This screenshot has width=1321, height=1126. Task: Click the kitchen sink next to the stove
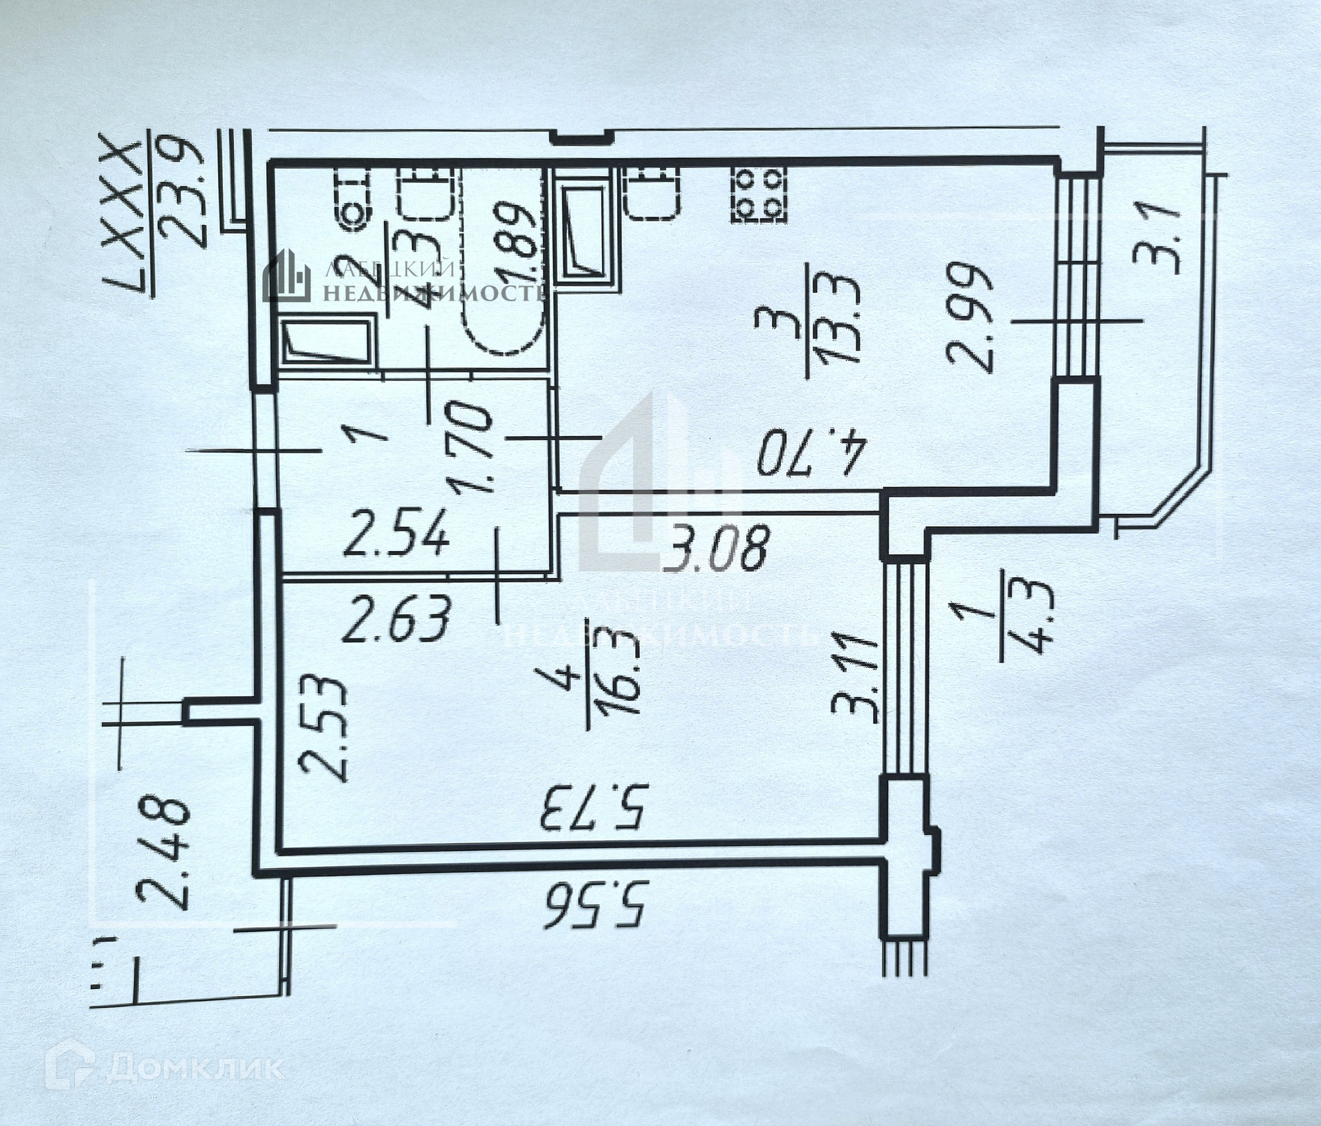click(x=653, y=192)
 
